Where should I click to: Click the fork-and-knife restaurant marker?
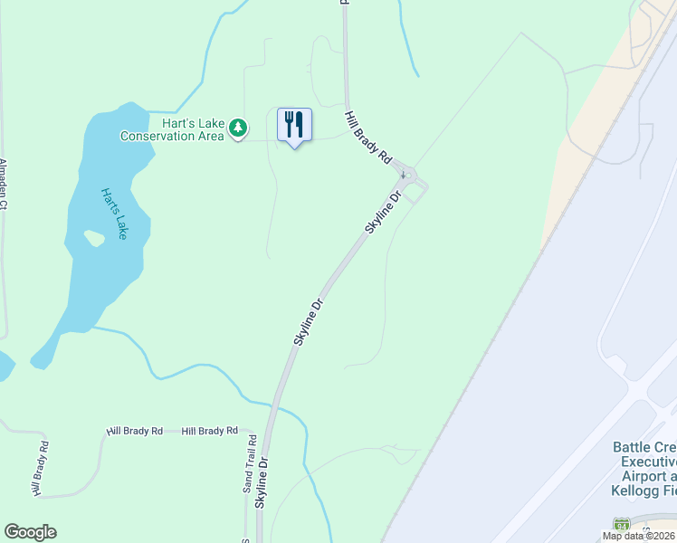294,125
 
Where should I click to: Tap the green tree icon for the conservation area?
238,129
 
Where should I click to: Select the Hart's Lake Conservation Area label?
173,129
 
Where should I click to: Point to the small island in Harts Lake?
93,238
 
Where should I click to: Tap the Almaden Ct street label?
4,185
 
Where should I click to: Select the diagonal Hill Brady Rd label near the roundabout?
367,138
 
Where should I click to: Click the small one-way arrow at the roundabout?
403,174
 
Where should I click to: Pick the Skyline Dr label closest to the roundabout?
384,206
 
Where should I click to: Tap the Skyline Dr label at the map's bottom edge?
262,481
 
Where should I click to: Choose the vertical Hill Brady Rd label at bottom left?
40,468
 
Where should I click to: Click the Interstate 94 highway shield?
621,525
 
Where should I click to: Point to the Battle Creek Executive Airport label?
644,468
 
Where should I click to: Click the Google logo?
30,532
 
